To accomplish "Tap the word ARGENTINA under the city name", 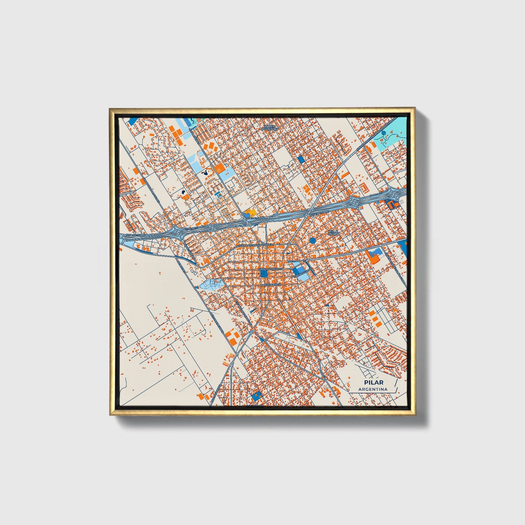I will pyautogui.click(x=373, y=389).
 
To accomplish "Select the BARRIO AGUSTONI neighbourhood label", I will pyautogui.click(x=270, y=128).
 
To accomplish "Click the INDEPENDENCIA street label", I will pyautogui.click(x=270, y=285).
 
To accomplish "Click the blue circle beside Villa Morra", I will pyautogui.click(x=313, y=240).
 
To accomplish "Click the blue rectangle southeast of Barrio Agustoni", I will pyautogui.click(x=300, y=159).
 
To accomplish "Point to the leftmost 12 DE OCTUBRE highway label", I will pyautogui.click(x=135, y=235).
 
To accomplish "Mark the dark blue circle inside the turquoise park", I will pyautogui.click(x=384, y=133).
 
